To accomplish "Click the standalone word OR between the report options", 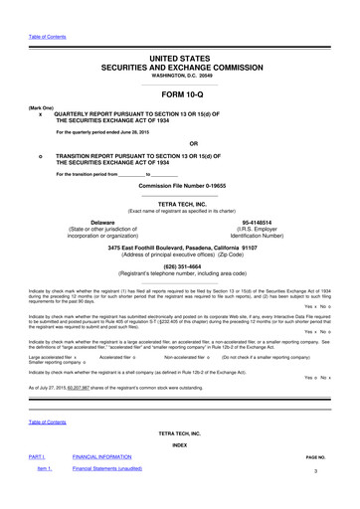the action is coord(180,141).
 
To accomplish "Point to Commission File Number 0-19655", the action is coord(180,185).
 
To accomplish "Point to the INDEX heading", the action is coord(180,444).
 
